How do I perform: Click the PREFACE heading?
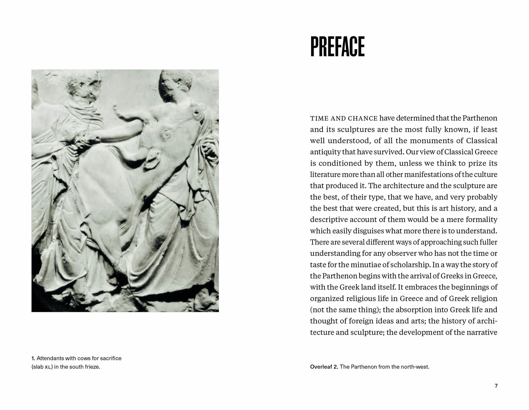coord(337,47)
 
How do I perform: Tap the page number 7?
coord(496,386)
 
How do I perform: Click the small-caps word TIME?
coord(318,118)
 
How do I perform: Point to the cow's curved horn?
coord(124,112)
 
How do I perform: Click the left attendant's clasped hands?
coord(87,137)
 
